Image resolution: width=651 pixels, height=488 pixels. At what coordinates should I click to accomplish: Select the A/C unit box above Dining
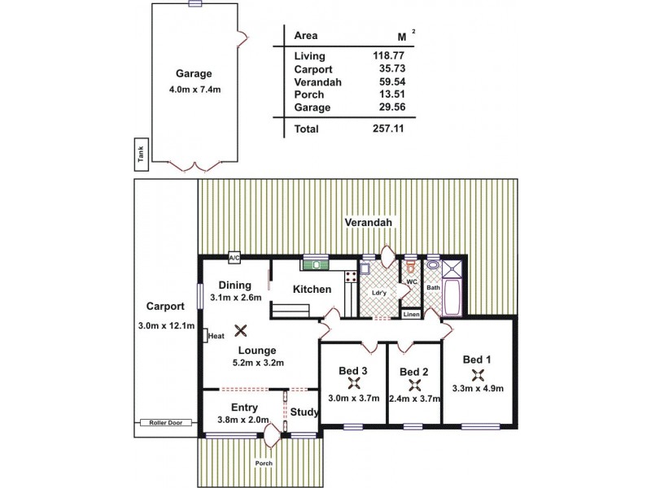click(x=234, y=257)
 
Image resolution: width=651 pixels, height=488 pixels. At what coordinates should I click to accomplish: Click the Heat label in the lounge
click(x=216, y=336)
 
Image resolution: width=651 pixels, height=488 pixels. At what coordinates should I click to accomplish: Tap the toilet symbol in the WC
click(x=411, y=266)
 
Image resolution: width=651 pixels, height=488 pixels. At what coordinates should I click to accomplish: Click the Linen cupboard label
click(x=412, y=314)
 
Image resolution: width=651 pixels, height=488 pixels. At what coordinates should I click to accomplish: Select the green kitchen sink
click(x=314, y=264)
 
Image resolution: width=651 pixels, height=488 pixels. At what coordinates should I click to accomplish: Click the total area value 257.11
click(x=388, y=129)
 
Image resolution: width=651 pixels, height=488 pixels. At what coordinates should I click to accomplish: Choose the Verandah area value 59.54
click(x=388, y=81)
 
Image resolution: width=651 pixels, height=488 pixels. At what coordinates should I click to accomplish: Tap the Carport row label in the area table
click(x=312, y=69)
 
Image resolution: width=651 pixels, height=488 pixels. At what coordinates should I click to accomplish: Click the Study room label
click(x=304, y=412)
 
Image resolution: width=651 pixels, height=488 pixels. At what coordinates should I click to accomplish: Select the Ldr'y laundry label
click(x=378, y=293)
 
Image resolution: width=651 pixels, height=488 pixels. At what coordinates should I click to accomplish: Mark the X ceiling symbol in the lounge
click(x=241, y=329)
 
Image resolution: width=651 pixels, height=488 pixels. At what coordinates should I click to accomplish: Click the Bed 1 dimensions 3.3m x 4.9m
click(x=478, y=388)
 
